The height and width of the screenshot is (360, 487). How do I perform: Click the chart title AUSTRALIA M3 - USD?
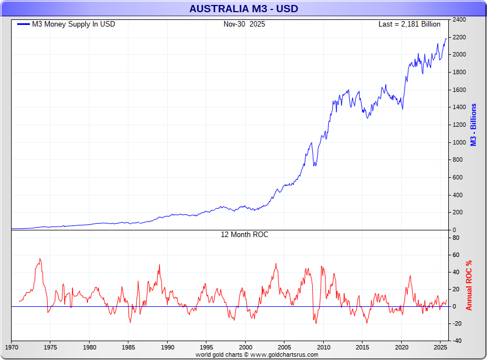point(243,8)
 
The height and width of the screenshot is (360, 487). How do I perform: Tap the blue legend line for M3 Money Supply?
point(23,24)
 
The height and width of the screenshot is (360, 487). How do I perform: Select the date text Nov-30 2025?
point(244,24)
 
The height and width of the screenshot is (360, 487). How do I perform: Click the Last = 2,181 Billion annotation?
point(409,24)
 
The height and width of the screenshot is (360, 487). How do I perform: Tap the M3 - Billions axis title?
point(474,125)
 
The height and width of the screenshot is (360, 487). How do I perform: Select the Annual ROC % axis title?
point(469,285)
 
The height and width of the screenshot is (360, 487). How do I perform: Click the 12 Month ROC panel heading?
point(244,235)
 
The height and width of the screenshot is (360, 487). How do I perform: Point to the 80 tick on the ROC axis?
point(457,238)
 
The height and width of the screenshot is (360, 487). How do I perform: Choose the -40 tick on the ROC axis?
point(457,341)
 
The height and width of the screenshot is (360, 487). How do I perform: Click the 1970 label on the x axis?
point(12,348)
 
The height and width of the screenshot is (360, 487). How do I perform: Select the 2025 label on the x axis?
point(440,348)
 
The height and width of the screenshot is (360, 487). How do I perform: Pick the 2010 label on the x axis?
point(323,348)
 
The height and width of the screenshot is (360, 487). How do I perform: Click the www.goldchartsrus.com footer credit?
point(257,354)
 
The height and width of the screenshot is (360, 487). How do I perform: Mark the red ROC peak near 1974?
point(40,259)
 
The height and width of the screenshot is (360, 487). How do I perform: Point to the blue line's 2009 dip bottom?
point(315,166)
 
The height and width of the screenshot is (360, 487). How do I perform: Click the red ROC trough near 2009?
point(315,323)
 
